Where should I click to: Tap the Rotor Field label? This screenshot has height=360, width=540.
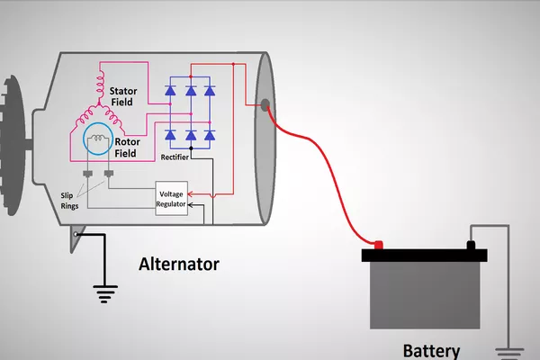125,146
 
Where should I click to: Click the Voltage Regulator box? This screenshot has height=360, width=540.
172,199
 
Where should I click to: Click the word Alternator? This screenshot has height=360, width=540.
178,264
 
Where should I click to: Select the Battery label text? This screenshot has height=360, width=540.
431,351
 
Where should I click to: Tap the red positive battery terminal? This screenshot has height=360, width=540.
378,244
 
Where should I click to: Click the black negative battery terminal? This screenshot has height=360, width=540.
470,244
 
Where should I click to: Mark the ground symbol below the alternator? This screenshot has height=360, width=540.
106,292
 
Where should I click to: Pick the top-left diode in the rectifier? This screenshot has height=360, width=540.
170,91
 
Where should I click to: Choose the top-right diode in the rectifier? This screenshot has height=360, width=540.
209,91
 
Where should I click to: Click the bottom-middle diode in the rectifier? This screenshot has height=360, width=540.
190,135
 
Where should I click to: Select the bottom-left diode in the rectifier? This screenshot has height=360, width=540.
170,135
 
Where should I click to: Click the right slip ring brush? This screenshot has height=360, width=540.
109,173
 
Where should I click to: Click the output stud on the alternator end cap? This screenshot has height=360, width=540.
265,104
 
